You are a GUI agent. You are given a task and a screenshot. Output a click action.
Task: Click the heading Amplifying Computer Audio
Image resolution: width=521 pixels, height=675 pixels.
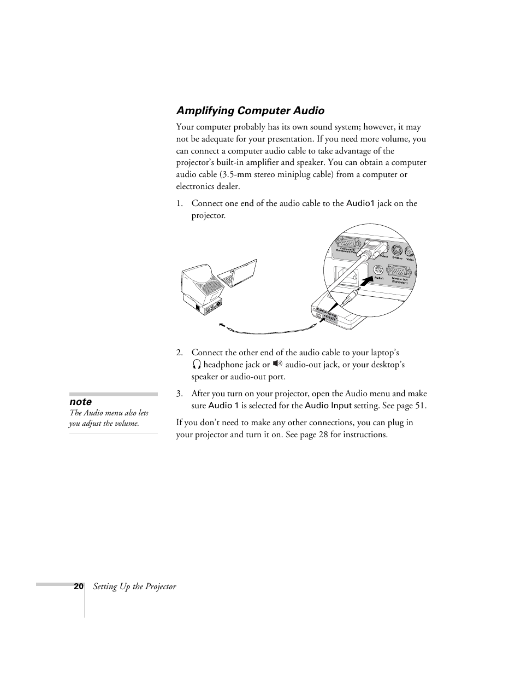click(250, 111)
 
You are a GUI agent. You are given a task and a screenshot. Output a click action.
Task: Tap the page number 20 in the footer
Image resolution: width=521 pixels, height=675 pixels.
click(79, 586)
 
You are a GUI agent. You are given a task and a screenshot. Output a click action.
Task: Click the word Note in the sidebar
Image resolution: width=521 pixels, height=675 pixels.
click(80, 402)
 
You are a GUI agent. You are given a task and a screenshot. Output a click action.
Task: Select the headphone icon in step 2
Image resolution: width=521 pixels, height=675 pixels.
click(197, 365)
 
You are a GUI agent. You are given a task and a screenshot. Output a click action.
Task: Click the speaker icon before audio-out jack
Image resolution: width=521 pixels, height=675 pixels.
click(278, 364)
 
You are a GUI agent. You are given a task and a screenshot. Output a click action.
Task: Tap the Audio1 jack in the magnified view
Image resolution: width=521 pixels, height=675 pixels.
click(378, 269)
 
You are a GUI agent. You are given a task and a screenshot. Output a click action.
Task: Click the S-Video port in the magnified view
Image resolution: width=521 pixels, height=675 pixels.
click(398, 250)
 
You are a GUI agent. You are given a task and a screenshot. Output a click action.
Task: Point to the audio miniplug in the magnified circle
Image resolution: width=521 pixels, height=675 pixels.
click(350, 297)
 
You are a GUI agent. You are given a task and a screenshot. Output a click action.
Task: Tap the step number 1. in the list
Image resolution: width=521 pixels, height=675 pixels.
click(179, 203)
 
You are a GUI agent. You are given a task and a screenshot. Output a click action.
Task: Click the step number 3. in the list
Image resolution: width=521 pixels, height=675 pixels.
click(179, 394)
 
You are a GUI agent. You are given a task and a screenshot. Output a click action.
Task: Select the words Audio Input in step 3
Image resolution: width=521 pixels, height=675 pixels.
click(328, 406)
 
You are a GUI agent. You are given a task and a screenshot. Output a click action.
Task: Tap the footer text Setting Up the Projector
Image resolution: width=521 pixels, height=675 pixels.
click(134, 586)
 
